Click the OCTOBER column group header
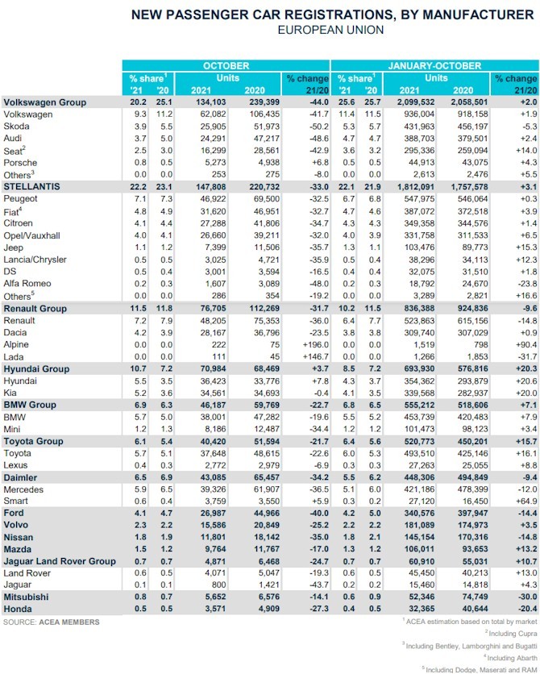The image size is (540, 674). click(226, 66)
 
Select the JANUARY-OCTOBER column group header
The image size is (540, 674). click(434, 66)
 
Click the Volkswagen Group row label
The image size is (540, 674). click(45, 102)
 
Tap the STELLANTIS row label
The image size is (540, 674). click(31, 186)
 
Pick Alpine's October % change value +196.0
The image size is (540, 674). click(316, 345)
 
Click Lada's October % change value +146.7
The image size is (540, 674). click(316, 357)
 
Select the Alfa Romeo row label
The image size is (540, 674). click(27, 284)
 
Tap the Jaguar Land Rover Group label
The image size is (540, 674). click(60, 561)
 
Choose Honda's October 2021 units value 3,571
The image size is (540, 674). click(215, 609)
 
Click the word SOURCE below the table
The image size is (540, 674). click(19, 622)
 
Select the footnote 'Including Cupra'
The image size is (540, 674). click(511, 634)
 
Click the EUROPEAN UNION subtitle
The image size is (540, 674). click(330, 30)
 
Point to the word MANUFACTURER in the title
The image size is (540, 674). click(479, 15)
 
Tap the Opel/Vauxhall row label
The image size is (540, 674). click(31, 235)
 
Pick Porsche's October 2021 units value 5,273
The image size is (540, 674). click(215, 163)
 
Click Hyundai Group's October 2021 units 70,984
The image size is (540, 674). click(213, 368)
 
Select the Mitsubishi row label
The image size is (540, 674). click(27, 597)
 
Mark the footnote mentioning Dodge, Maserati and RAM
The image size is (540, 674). click(480, 670)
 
